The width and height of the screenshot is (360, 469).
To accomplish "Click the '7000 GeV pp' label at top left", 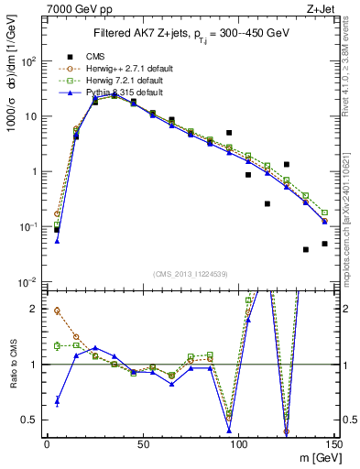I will coord(72,8).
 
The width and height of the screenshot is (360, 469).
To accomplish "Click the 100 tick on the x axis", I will coord(238,445).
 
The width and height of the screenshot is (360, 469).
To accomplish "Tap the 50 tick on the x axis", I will coord(142,445).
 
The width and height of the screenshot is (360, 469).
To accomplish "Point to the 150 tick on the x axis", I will coord(333,445).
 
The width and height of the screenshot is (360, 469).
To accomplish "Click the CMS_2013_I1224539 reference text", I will coord(189,273).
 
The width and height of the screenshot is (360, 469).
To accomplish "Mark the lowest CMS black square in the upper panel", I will coord(306,249).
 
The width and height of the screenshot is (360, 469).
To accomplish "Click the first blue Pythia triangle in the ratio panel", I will coord(57,399).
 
